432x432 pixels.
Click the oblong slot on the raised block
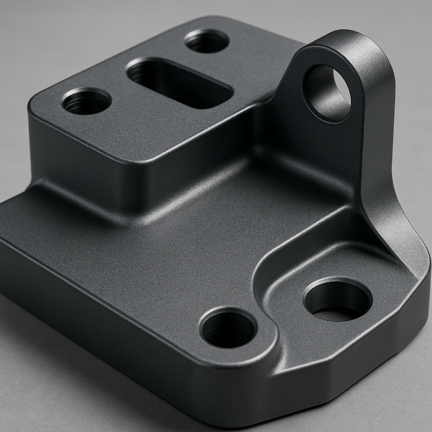click(x=179, y=82)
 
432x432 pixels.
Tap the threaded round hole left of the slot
click(x=86, y=101)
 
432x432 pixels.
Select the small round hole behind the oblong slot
click(x=207, y=41)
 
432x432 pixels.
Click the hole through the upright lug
click(x=327, y=93)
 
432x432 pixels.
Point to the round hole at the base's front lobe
click(x=228, y=329)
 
